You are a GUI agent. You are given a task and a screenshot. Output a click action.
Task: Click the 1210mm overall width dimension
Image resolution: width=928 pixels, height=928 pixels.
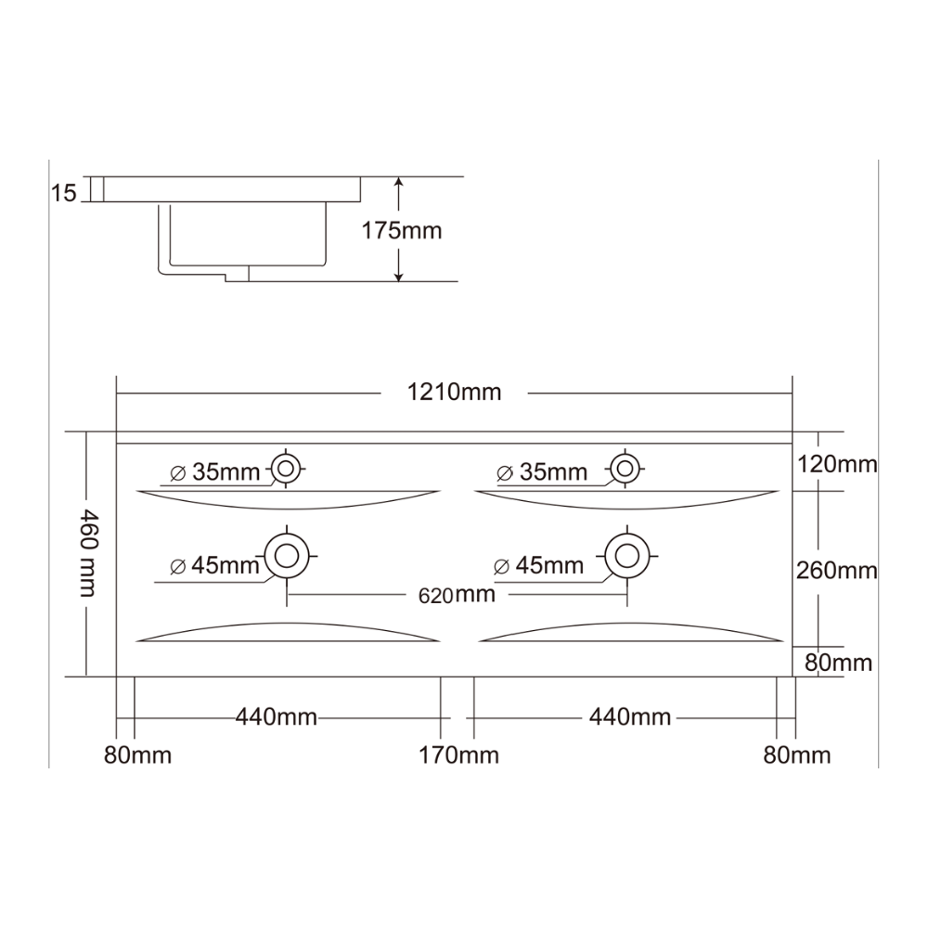[454, 393]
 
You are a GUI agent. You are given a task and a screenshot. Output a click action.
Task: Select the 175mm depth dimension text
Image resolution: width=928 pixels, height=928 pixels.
[402, 230]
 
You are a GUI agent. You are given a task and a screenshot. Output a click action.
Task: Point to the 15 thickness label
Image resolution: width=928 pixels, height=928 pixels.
[64, 193]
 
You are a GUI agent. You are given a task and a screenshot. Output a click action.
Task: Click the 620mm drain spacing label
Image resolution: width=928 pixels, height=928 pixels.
[457, 595]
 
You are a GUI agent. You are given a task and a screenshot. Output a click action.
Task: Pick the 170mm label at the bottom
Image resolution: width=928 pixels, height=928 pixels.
[458, 755]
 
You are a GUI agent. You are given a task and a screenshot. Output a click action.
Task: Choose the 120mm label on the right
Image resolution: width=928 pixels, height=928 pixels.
[837, 465]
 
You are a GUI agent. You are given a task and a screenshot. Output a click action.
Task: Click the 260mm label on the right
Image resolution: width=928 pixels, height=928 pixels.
[837, 571]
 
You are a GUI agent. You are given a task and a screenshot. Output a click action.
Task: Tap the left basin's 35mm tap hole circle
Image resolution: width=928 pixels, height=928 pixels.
[287, 470]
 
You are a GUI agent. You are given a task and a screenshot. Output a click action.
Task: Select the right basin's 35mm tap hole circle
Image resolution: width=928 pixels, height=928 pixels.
[625, 470]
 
